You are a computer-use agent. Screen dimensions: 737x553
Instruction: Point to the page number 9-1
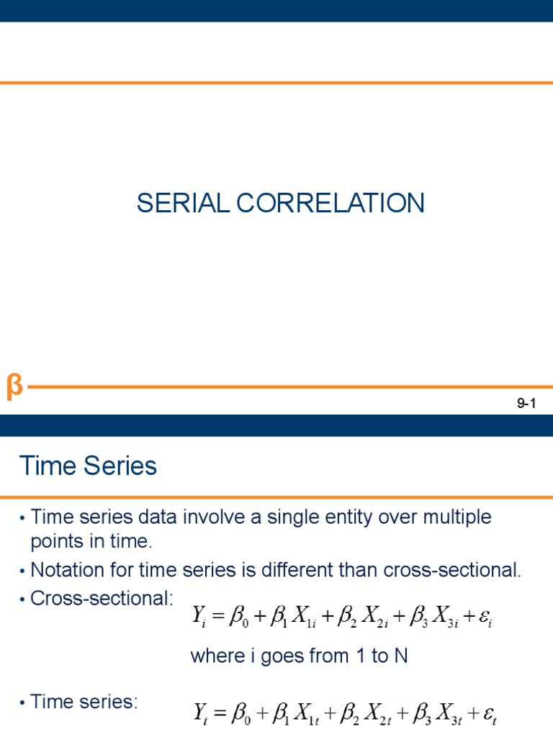pyautogui.click(x=528, y=404)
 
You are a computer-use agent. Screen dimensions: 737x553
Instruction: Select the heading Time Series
pyautogui.click(x=88, y=466)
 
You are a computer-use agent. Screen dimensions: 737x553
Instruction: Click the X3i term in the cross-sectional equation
pyautogui.click(x=437, y=618)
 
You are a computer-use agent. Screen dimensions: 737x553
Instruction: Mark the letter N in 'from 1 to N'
pyautogui.click(x=401, y=656)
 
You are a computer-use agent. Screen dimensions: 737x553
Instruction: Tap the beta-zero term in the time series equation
pyautogui.click(x=241, y=713)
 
